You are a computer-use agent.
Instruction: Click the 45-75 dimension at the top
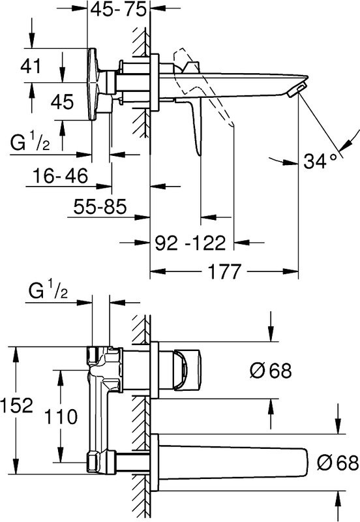pos(119,9)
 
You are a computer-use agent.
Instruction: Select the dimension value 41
pos(31,66)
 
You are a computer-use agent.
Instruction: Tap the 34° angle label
pos(320,162)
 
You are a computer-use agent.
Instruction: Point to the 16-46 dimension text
pos(60,176)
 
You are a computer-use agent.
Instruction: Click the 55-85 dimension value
pos(100,206)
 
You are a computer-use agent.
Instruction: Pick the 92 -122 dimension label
pos(190,243)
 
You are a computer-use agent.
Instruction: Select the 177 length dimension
pos(224,271)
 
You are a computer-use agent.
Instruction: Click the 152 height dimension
pos(17,405)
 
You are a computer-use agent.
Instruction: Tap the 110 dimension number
pos(61,416)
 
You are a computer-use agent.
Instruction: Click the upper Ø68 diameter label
pos(271,370)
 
